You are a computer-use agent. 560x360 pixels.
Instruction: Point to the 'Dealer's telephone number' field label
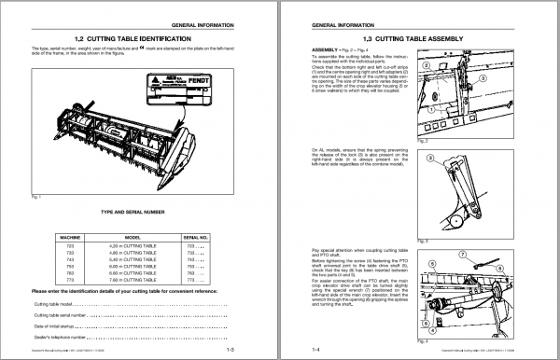click(x=61, y=335)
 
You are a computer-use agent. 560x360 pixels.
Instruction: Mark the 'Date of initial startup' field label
click(x=57, y=325)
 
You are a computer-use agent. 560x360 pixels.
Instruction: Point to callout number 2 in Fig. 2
click(x=426, y=68)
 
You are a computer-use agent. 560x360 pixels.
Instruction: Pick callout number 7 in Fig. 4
click(x=485, y=255)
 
